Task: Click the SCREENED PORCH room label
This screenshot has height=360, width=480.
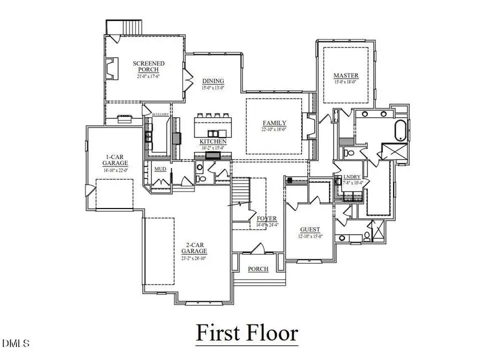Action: pyautogui.click(x=149, y=67)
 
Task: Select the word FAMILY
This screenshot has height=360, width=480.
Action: pyautogui.click(x=274, y=123)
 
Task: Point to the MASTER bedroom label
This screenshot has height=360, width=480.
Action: pyautogui.click(x=346, y=75)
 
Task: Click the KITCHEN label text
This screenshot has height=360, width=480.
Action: pyautogui.click(x=213, y=141)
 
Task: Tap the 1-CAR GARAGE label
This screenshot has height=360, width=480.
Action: pyautogui.click(x=116, y=160)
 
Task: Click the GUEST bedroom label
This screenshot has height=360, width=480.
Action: pyautogui.click(x=309, y=229)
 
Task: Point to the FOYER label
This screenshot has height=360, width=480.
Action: pyautogui.click(x=267, y=219)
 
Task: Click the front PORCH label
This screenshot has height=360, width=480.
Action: pyautogui.click(x=258, y=269)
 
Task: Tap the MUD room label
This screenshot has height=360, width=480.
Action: pyautogui.click(x=159, y=169)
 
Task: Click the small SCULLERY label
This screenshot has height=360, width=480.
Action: pyautogui.click(x=160, y=114)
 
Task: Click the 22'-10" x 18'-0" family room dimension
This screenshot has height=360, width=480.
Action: pyautogui.click(x=274, y=129)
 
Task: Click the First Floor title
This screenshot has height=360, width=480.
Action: pyautogui.click(x=246, y=333)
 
